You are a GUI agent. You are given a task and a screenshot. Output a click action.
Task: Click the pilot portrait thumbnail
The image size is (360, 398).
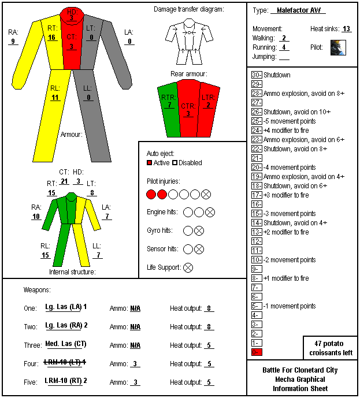[338, 47]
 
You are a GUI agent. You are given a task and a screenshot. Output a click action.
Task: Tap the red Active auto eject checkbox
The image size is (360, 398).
[149, 163]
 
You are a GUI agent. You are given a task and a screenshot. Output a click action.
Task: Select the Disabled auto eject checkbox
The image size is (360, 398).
[175, 163]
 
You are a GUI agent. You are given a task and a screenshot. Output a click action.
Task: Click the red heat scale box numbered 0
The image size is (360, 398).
[257, 352]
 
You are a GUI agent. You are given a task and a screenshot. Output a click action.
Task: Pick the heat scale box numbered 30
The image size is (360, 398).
[257, 75]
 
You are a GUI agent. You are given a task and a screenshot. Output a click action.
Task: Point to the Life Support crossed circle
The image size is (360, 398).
[188, 267]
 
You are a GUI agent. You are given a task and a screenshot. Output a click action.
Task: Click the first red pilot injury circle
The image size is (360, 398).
[151, 195]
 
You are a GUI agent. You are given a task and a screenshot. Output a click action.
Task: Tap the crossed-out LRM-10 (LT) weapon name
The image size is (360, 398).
[65, 362]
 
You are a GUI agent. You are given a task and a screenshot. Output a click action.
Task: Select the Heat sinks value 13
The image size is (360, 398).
[346, 29]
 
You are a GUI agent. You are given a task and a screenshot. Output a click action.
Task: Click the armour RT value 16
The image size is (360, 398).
[52, 38]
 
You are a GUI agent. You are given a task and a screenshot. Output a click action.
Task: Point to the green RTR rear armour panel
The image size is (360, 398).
[169, 109]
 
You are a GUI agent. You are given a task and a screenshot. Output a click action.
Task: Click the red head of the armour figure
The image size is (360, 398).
[72, 16]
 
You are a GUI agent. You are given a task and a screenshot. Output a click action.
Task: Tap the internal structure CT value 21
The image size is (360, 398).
[64, 181]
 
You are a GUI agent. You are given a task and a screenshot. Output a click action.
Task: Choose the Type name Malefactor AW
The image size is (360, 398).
[299, 10]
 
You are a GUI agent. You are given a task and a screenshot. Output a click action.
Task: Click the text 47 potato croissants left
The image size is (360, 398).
[331, 348]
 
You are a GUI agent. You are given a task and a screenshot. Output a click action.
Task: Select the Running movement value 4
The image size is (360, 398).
[284, 47]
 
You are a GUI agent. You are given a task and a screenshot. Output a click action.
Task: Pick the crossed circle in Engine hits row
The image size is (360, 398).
[210, 212]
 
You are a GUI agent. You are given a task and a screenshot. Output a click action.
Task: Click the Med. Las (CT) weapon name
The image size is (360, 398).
[66, 344]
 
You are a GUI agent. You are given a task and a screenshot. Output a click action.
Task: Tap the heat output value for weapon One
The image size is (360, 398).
[209, 308]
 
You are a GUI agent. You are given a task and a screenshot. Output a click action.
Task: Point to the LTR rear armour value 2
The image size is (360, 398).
[208, 105]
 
